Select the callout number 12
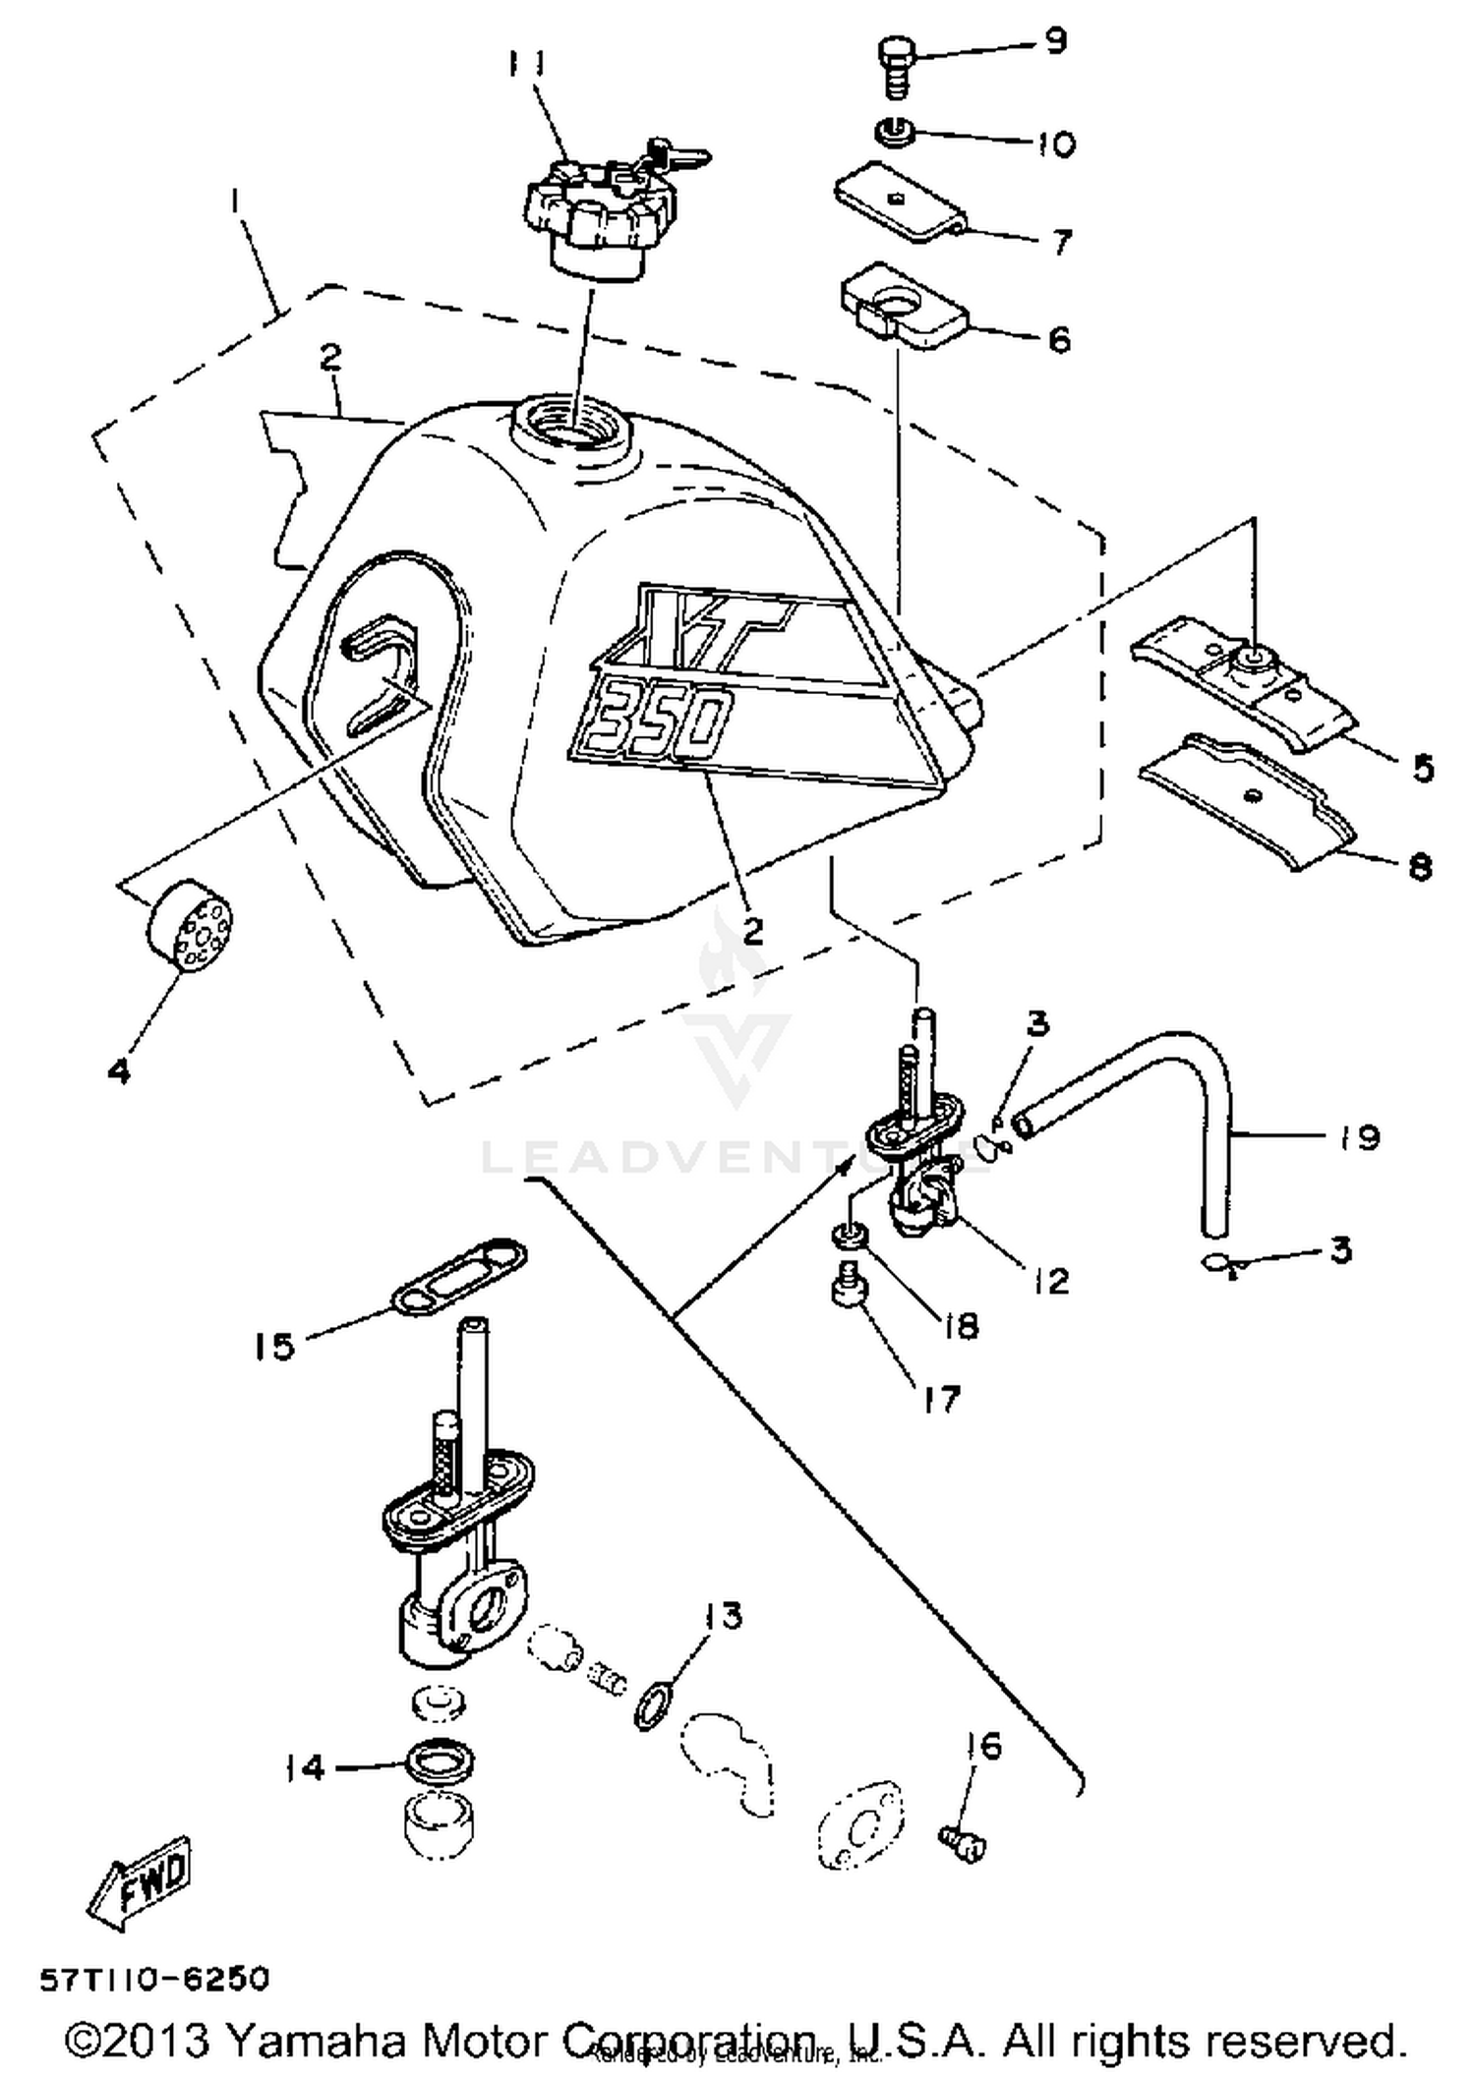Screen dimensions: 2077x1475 (x=1051, y=1281)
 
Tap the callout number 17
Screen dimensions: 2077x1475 (x=941, y=1399)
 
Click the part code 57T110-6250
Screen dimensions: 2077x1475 (x=153, y=1978)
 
